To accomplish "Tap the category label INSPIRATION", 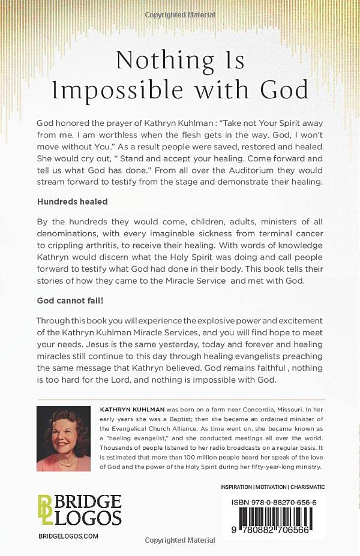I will (x=236, y=487).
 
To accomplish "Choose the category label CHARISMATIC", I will (x=307, y=487).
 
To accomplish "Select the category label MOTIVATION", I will (x=270, y=487).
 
